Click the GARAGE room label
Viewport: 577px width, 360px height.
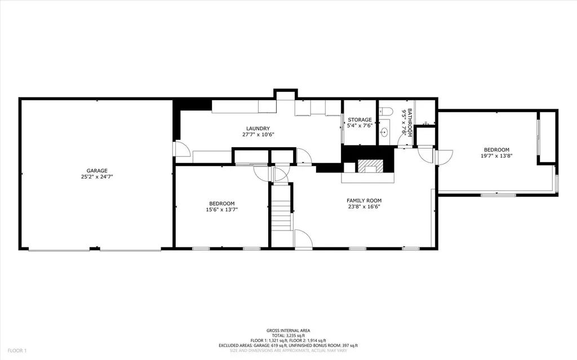(97, 171)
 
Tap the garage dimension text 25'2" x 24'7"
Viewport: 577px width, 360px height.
(97, 177)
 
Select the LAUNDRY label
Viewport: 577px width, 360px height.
(258, 128)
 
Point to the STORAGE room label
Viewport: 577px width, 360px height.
(359, 120)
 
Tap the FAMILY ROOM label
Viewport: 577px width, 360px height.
(364, 201)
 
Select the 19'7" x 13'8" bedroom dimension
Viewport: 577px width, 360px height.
(496, 156)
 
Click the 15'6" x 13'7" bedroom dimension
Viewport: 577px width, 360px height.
(222, 210)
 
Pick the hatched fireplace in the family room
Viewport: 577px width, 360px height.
(371, 166)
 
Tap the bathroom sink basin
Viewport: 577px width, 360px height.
(384, 133)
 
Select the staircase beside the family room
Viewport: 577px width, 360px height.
(281, 214)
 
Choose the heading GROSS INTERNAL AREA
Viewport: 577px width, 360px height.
(288, 331)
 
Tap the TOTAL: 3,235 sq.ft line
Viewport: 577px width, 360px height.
(288, 336)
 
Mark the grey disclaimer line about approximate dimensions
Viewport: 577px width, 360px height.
(288, 350)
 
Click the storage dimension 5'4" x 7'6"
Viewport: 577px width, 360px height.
(359, 126)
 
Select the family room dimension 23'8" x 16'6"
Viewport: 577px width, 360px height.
(364, 207)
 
